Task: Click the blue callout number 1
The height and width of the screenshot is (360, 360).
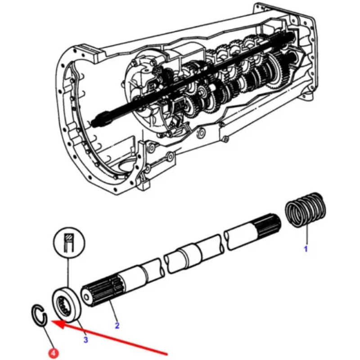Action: (306, 248)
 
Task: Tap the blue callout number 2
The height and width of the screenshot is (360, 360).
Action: (117, 325)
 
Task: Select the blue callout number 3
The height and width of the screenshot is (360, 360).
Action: (86, 340)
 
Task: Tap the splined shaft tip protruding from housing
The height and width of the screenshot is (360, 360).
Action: (98, 121)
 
